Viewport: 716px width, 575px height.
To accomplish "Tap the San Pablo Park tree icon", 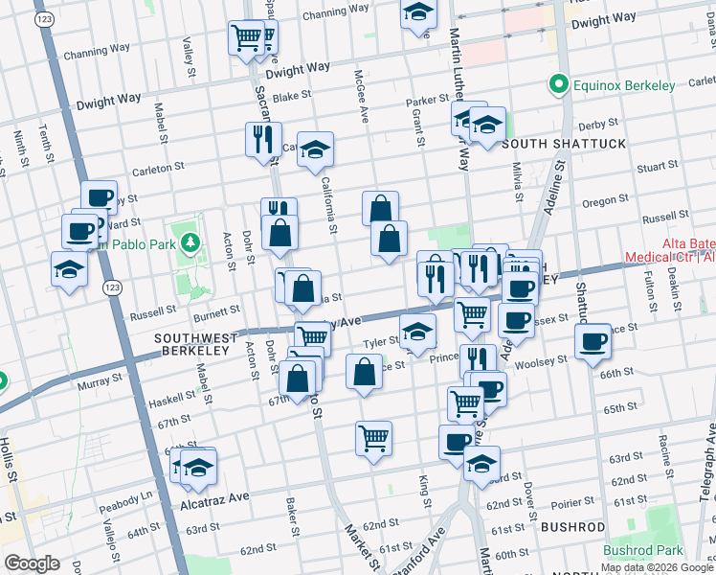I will pyautogui.click(x=190, y=243).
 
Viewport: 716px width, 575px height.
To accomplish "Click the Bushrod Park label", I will pyautogui.click(x=643, y=550).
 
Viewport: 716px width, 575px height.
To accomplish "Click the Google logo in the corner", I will pyautogui.click(x=32, y=563).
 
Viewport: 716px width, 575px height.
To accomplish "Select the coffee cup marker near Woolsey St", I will pyautogui.click(x=592, y=341).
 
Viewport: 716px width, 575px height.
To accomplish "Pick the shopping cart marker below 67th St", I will pyautogui.click(x=373, y=438).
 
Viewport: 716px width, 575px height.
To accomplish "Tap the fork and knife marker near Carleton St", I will pyautogui.click(x=262, y=139).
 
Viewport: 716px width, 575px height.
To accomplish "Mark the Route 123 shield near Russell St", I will pyautogui.click(x=113, y=287).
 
